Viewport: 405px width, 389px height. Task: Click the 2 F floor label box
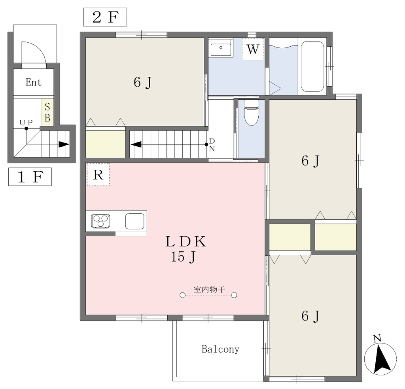(x=105, y=17)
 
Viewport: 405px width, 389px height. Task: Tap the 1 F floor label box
(x=30, y=177)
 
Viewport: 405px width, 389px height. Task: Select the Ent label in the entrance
(x=33, y=82)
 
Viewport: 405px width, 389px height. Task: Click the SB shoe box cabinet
(x=47, y=112)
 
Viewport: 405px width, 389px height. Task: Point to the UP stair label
(x=26, y=122)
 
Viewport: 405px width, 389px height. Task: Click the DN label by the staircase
(x=212, y=145)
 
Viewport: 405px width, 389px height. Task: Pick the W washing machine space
(x=253, y=49)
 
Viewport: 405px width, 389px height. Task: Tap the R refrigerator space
(x=98, y=175)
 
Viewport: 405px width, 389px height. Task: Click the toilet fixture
(x=251, y=112)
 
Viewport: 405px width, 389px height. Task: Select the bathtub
(x=312, y=66)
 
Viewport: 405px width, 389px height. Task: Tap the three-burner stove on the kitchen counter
(x=100, y=221)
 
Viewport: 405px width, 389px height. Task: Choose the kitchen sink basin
(x=135, y=221)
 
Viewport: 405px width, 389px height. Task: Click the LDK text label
(x=185, y=242)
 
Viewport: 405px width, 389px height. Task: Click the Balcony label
(x=220, y=349)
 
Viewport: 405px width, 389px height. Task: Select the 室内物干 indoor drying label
(x=209, y=289)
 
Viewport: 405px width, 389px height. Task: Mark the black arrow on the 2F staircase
(x=136, y=144)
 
